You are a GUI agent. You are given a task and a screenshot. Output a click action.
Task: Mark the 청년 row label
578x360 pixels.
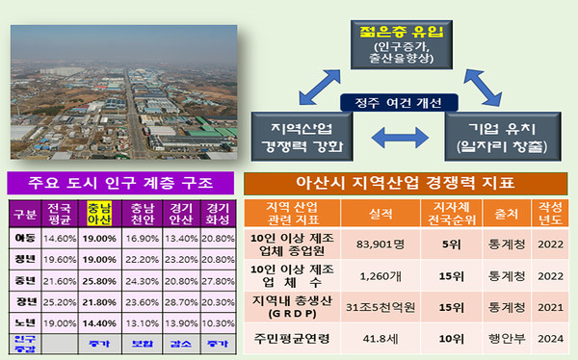click(25, 257)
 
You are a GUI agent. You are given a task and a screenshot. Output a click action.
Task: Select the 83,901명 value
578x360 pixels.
click(372, 244)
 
